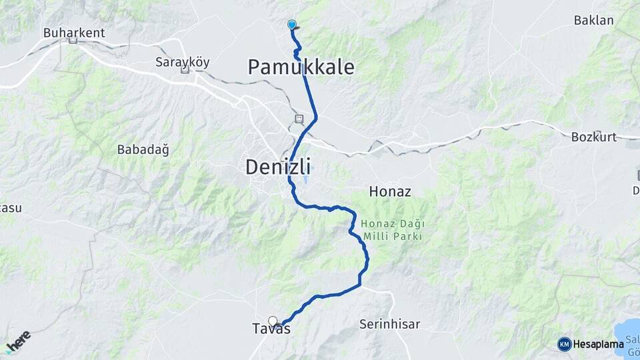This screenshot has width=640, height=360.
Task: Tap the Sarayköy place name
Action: click(182, 62)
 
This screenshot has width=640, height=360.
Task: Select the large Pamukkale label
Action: click(301, 67)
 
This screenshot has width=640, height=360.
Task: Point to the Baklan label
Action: click(593, 20)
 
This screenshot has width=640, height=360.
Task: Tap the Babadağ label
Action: click(143, 149)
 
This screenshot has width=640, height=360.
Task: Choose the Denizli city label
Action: click(279, 167)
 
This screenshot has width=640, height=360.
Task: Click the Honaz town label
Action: click(390, 192)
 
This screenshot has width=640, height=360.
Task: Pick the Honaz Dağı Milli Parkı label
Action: click(393, 230)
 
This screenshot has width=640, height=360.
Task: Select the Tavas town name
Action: click(271, 329)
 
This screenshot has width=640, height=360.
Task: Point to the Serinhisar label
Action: click(390, 325)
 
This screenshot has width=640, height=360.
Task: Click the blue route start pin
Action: click(291, 25)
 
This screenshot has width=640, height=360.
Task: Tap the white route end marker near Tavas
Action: click(273, 321)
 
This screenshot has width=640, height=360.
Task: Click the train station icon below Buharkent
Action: click(73, 41)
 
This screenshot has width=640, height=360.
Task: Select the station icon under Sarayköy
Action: click(185, 70)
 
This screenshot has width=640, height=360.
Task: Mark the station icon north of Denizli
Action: click(299, 119)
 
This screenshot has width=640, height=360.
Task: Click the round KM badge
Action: click(564, 344)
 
